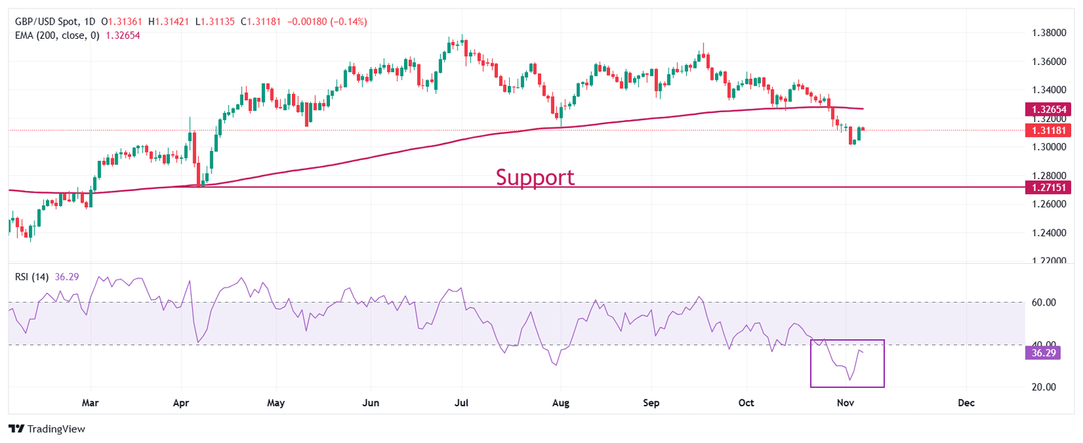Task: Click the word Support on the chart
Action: coord(534,177)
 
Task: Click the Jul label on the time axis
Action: coord(462,403)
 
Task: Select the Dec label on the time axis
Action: coord(967,403)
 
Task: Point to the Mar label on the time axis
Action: coord(90,403)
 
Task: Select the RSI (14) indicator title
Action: coord(32,277)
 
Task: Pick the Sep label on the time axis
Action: coord(651,403)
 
